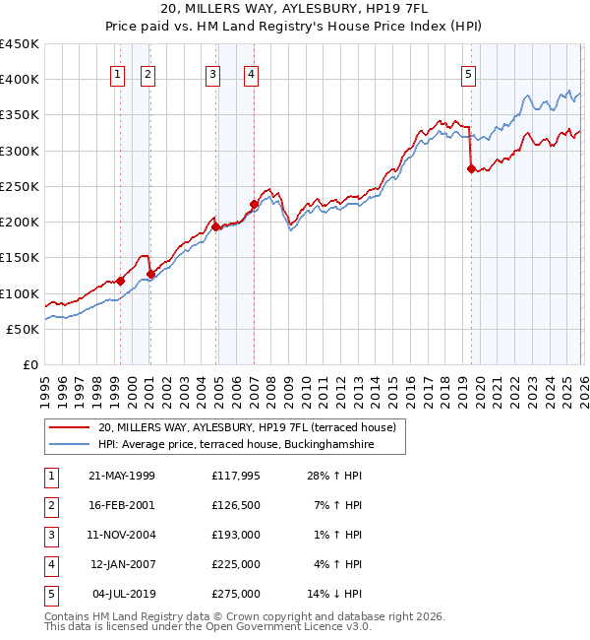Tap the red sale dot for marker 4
254,205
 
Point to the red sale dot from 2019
471,169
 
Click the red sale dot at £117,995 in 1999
120,281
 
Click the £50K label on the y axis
24,329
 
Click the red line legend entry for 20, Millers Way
246,427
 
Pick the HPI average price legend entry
236,445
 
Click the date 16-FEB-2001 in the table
122,505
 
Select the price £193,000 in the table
235,535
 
